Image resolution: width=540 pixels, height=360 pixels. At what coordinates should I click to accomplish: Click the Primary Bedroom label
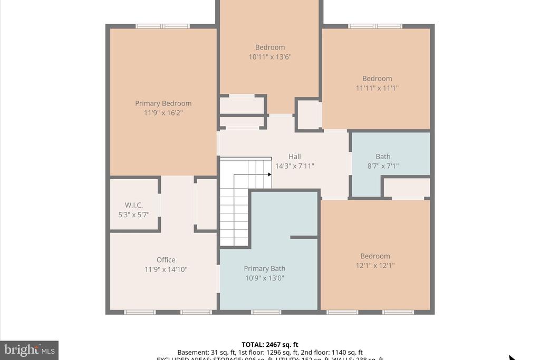[x=163, y=103]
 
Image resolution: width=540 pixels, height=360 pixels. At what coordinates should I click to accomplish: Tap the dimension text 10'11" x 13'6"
[x=270, y=57]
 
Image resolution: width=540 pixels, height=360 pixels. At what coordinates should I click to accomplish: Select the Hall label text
[x=294, y=157]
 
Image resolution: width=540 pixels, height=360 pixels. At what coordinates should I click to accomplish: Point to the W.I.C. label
[x=134, y=205]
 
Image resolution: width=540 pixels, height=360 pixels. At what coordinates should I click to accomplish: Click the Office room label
[x=166, y=260]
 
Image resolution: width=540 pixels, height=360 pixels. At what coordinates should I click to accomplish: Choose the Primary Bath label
[x=264, y=269]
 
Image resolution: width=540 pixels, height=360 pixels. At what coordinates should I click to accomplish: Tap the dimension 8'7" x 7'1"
[x=383, y=166]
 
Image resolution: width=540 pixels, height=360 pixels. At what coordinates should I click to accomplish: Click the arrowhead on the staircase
[x=269, y=175]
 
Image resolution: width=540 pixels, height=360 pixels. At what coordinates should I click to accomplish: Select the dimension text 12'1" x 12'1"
[x=375, y=266]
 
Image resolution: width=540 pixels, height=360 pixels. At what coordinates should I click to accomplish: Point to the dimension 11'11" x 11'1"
[x=377, y=88]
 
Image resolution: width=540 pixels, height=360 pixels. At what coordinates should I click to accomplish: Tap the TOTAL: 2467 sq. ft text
[x=269, y=344]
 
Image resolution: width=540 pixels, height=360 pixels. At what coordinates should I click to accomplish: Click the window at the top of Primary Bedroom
[x=162, y=26]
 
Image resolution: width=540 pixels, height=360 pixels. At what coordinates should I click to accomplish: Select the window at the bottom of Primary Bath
[x=266, y=312]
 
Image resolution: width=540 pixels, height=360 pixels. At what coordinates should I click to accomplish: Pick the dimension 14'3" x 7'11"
[x=294, y=166]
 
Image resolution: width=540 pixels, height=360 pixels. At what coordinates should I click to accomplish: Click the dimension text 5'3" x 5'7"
[x=134, y=215]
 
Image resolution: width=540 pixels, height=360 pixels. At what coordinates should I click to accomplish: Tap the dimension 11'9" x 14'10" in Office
[x=166, y=269]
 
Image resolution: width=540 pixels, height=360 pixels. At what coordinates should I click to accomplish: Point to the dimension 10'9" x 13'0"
[x=264, y=278]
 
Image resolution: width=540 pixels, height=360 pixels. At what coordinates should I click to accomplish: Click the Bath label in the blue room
[x=383, y=157]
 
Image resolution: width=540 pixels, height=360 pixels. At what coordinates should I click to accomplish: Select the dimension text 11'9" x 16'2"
[x=163, y=113]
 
